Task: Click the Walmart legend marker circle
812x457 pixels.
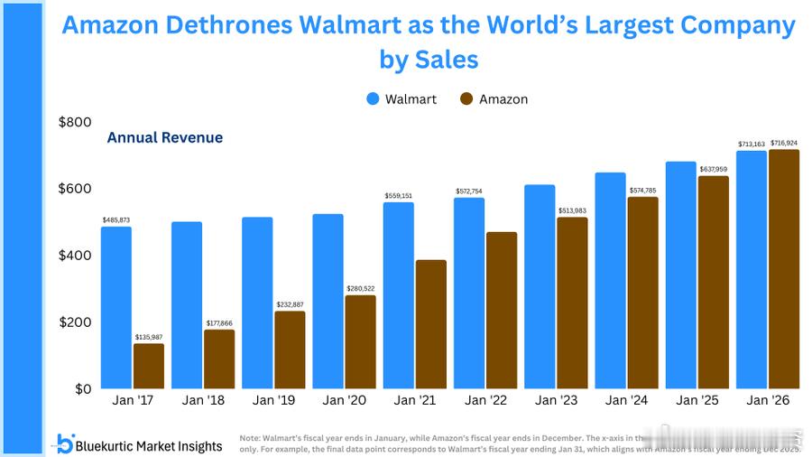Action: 373,99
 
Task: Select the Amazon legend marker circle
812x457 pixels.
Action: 466,99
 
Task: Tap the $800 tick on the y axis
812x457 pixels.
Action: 75,123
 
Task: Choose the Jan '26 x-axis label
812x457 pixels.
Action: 768,400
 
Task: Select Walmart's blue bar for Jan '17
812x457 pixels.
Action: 116,307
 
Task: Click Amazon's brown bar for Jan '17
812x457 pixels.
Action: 149,366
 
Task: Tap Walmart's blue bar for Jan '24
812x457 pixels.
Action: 611,280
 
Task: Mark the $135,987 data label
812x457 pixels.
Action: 149,337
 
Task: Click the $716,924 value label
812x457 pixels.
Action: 784,143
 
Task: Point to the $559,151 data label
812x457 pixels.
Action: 398,196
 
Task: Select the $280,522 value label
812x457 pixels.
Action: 361,289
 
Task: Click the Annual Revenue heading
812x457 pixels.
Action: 164,138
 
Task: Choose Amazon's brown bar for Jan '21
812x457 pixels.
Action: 431,324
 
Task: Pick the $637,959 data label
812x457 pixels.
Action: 714,169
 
